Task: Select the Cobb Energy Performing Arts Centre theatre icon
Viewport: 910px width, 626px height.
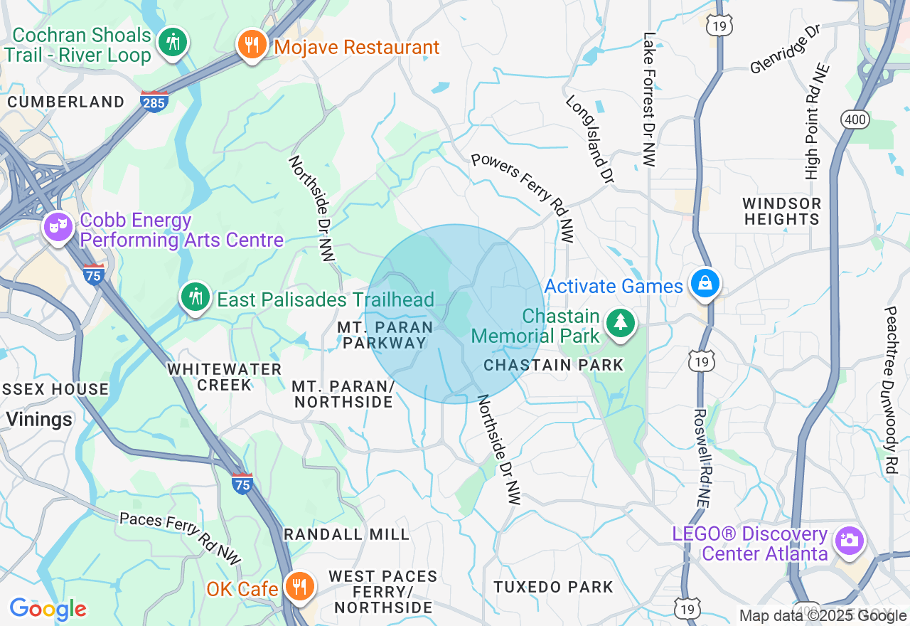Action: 58,228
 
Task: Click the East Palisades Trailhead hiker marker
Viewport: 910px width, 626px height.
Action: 195,297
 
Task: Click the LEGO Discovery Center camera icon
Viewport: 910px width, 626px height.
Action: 849,541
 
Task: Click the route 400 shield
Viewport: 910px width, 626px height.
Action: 855,120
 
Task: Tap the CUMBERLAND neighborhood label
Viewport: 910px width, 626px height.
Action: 66,102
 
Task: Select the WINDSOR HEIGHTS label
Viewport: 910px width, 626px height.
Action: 782,211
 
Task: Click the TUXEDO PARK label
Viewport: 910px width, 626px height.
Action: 554,587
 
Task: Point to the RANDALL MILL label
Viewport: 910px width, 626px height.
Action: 347,534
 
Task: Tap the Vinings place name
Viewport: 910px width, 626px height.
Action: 39,419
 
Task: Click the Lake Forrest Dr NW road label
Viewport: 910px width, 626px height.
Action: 648,100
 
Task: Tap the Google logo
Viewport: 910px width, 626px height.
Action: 48,610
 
